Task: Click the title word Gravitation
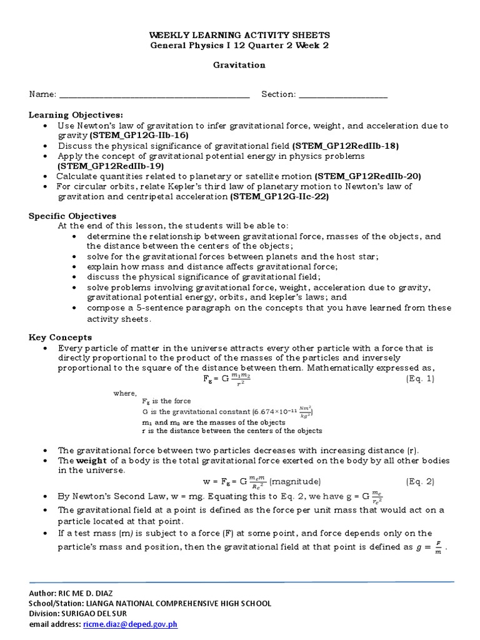tap(239, 64)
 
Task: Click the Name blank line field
tap(153, 95)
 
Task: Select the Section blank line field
tap(343, 95)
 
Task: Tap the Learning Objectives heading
tap(76, 115)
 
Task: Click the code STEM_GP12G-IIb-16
tap(139, 135)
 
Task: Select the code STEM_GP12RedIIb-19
tap(111, 166)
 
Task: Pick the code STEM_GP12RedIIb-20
tap(367, 176)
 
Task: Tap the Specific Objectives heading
tap(72, 216)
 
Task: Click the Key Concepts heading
tap(61, 337)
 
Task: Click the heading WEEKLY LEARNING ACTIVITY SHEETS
tap(239, 36)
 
